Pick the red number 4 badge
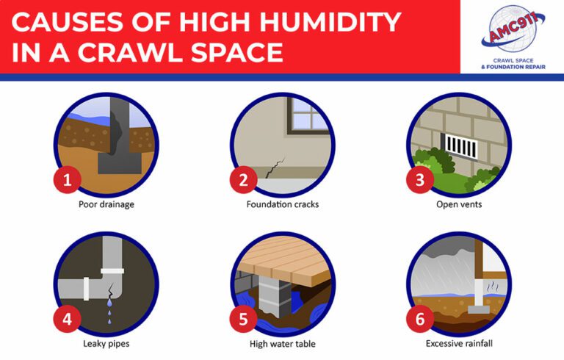pyautogui.click(x=67, y=320)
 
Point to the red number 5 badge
pyautogui.click(x=242, y=320)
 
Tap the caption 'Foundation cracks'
pyautogui.click(x=282, y=204)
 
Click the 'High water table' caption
pyautogui.click(x=282, y=342)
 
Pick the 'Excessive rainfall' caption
pyautogui.click(x=459, y=342)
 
